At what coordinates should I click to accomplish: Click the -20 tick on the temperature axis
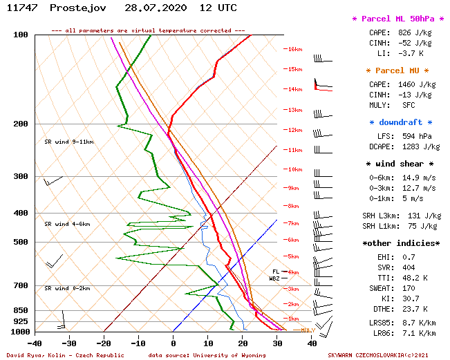pos(104,343)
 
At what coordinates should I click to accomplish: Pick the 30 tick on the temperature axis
pos(277,343)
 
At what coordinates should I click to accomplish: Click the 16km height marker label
pos(295,49)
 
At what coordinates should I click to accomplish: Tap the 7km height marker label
pos(294,223)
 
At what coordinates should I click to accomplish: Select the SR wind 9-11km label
pos(69,142)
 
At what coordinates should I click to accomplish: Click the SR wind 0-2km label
pos(68,288)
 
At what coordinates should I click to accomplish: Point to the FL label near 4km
pos(275,272)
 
